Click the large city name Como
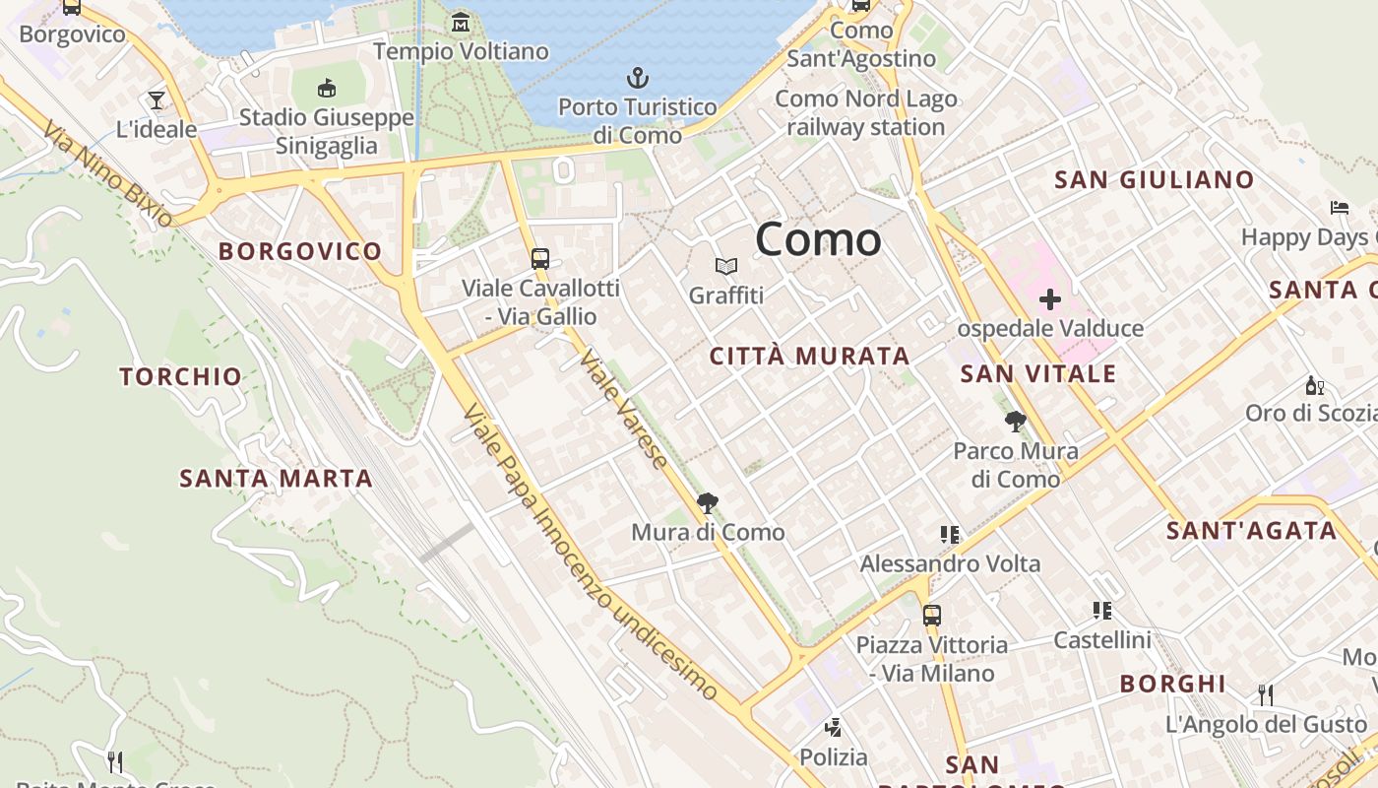click(818, 240)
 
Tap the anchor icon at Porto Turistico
click(638, 77)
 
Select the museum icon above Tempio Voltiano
click(460, 22)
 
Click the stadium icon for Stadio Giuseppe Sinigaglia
click(327, 88)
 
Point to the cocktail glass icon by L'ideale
click(156, 99)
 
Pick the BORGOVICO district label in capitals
click(300, 251)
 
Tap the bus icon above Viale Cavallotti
click(540, 259)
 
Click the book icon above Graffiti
click(726, 266)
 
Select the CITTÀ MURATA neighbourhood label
click(809, 357)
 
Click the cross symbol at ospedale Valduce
click(1050, 298)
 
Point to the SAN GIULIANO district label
click(1154, 180)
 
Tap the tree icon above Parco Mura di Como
click(1015, 423)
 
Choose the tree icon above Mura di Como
click(707, 503)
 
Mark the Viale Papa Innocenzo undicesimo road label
click(588, 552)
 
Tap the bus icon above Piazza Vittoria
click(932, 616)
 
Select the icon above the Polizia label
click(834, 728)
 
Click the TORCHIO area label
click(180, 376)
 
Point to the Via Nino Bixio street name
click(108, 173)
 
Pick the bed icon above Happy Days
click(1340, 207)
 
